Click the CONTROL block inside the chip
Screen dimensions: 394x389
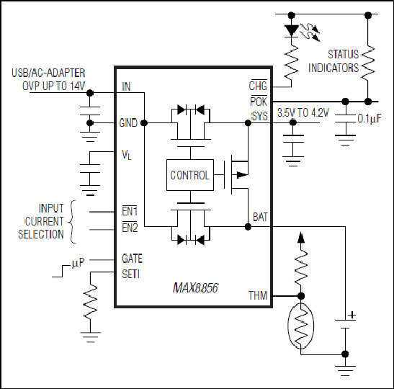coord(190,175)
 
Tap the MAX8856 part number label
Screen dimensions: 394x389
coord(195,287)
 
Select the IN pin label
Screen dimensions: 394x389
coord(126,86)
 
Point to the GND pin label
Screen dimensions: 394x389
coord(128,123)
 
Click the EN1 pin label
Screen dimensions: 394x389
coord(130,211)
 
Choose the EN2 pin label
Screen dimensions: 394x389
coord(130,228)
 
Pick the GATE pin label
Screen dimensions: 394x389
coord(133,259)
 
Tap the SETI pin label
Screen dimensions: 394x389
coord(130,274)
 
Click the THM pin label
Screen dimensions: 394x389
coord(258,295)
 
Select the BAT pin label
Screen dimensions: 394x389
coord(260,217)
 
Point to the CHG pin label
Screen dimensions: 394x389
coord(258,85)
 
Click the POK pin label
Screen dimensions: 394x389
coord(259,101)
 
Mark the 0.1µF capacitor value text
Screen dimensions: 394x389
coord(370,118)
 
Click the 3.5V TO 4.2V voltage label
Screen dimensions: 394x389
coord(303,113)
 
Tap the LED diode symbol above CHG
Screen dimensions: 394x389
coord(292,31)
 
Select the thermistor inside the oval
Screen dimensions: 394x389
coord(301,326)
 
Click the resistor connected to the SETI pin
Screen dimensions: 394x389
coord(90,302)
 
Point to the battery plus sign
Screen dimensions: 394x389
coord(352,315)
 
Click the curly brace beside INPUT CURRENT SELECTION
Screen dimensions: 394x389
coord(72,222)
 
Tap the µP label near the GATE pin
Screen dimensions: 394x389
coord(78,263)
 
